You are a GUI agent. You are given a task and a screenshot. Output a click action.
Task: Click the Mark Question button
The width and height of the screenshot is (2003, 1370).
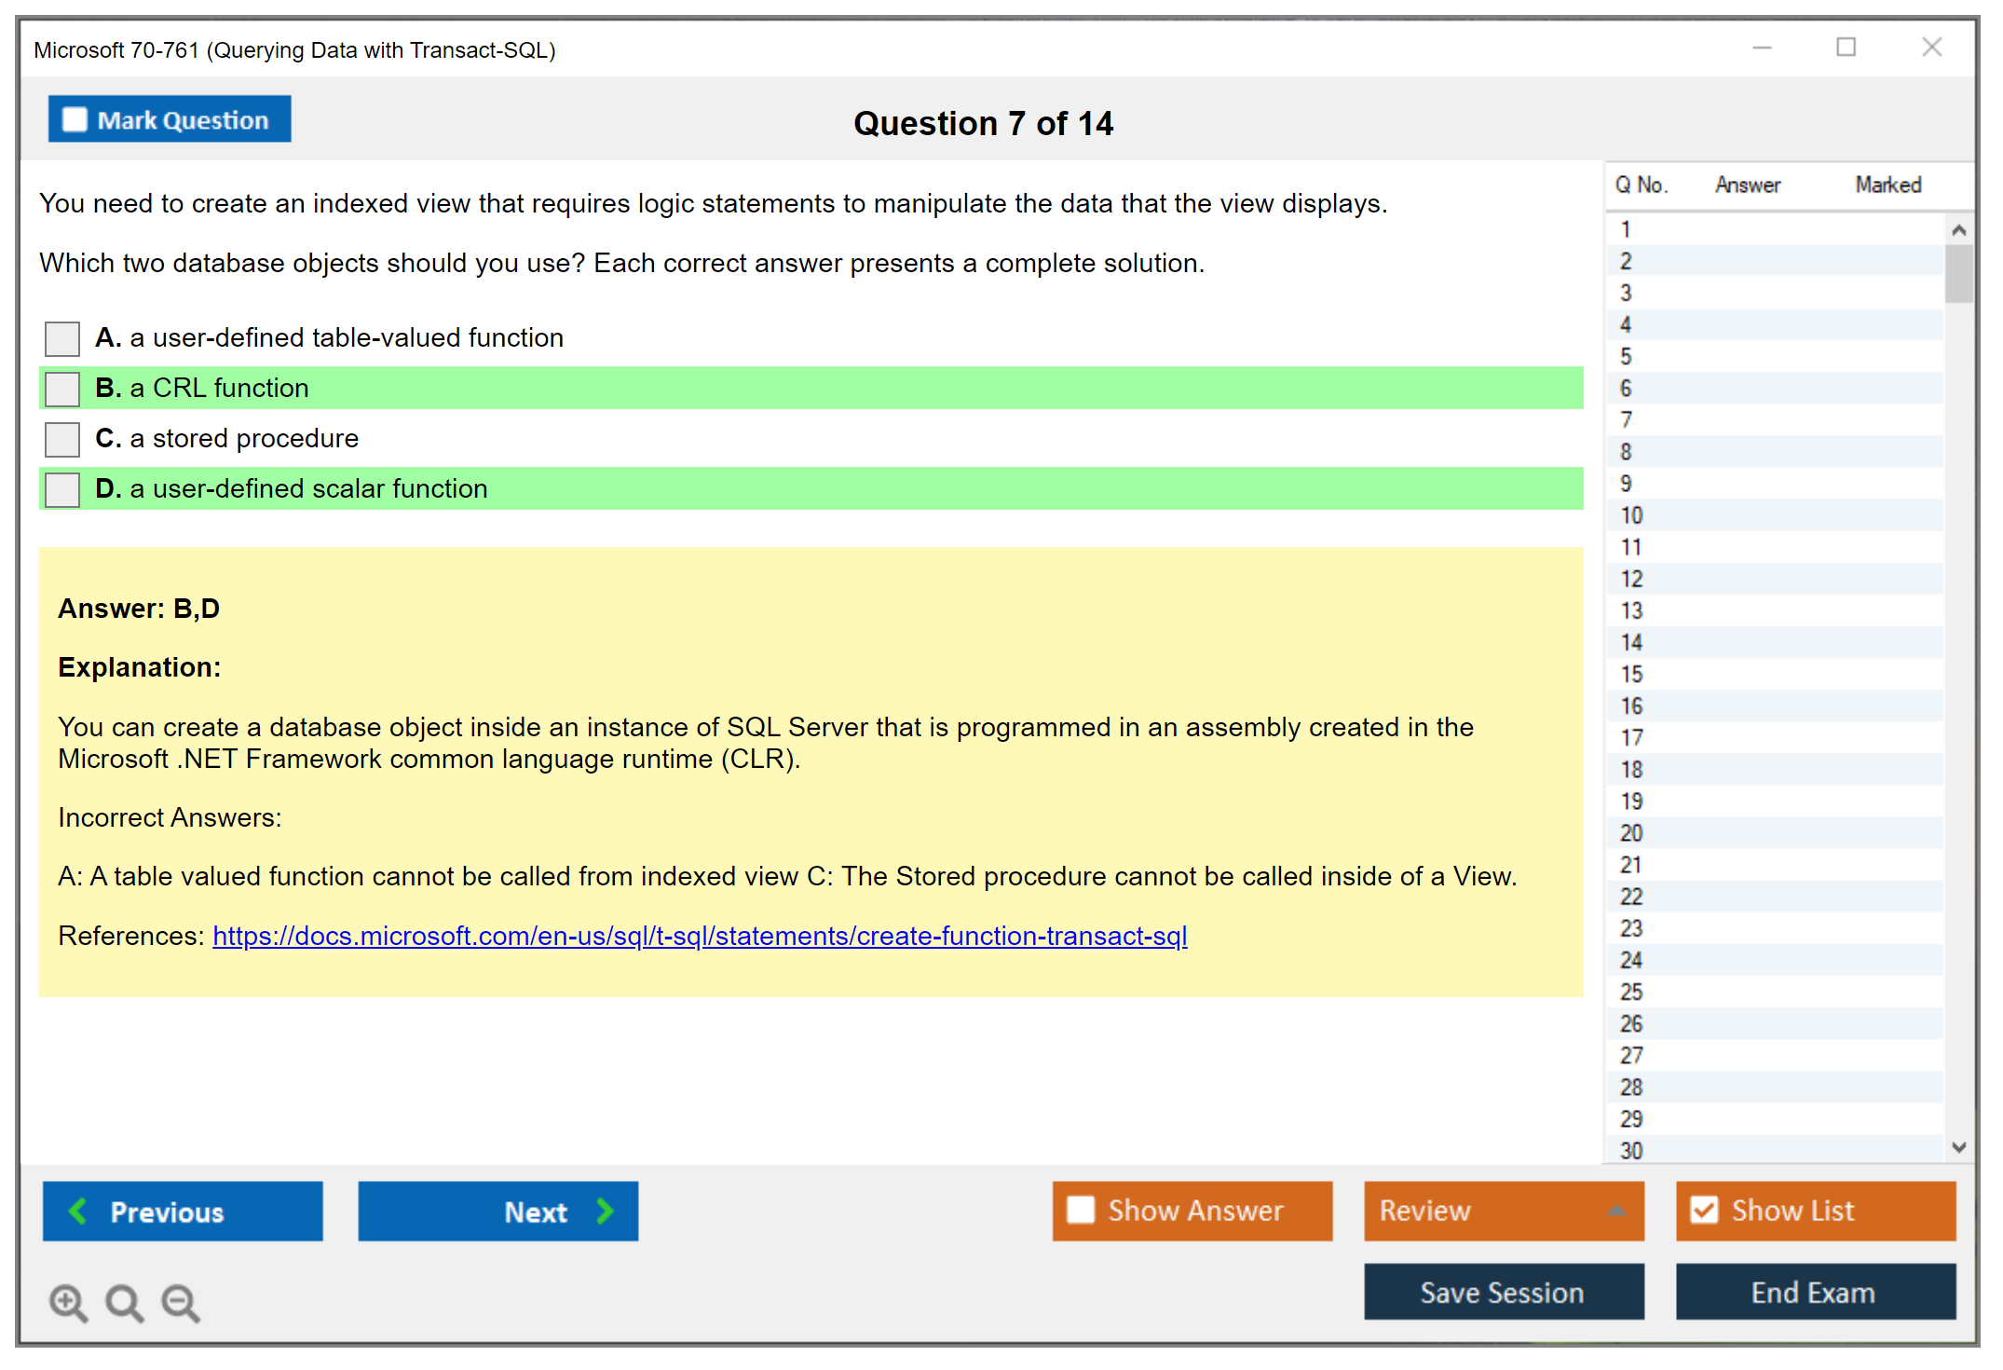(x=170, y=119)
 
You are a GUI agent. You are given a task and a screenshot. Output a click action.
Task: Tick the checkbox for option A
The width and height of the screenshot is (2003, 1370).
(x=62, y=338)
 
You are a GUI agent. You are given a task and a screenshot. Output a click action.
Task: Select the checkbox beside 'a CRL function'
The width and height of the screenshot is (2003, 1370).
(x=62, y=389)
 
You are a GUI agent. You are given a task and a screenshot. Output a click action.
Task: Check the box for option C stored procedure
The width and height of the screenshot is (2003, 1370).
(x=62, y=439)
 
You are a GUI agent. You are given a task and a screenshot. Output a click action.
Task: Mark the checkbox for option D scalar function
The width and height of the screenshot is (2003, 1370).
(x=62, y=489)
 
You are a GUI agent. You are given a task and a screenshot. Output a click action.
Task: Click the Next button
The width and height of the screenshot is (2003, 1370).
(x=498, y=1212)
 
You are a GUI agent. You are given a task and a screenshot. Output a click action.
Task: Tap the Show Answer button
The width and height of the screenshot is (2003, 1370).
(x=1192, y=1211)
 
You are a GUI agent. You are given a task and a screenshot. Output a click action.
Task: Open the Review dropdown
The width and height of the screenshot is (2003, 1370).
(x=1505, y=1211)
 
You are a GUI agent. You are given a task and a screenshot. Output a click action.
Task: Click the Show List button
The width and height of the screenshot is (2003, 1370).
(x=1816, y=1211)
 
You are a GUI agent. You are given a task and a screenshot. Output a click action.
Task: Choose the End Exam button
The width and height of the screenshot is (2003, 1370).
(x=1816, y=1292)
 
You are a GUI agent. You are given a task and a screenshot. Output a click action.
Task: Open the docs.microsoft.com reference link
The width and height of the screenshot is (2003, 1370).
(x=700, y=936)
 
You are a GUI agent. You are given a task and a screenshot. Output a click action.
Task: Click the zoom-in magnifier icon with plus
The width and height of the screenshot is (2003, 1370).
(x=69, y=1303)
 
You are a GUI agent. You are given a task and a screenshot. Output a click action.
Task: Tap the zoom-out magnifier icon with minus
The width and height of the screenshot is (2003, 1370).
(x=181, y=1303)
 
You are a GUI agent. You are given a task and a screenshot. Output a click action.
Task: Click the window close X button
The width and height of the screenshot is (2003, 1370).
(x=1932, y=47)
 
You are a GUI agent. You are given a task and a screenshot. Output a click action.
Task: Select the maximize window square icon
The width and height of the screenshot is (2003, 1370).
(x=1846, y=47)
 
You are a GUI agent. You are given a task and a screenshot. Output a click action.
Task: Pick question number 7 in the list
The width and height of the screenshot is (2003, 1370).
(x=1627, y=420)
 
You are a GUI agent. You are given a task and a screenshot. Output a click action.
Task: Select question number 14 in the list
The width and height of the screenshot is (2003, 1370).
(x=1631, y=642)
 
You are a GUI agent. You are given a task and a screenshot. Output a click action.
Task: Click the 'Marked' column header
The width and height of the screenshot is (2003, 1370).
(x=1888, y=185)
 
